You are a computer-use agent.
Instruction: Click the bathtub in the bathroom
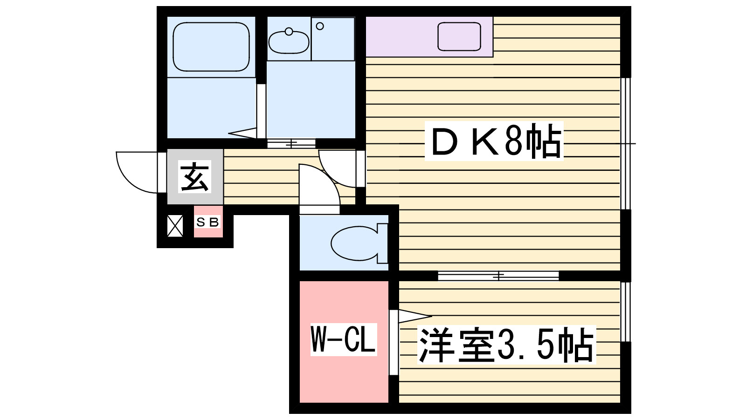tap(211, 47)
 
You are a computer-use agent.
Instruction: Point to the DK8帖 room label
tap(494, 142)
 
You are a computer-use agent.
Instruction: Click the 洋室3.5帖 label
tap(506, 345)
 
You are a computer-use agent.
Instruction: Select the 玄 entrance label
tap(195, 177)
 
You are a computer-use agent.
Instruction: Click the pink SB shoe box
tap(208, 223)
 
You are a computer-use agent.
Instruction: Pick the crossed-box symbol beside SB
tap(175, 225)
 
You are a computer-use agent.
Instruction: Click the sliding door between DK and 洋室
tap(498, 276)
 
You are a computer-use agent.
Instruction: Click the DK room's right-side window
tap(626, 143)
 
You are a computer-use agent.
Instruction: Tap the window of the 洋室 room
tap(626, 311)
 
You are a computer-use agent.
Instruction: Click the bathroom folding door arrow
tap(243, 133)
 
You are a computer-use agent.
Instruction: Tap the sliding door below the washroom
tap(291, 143)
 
